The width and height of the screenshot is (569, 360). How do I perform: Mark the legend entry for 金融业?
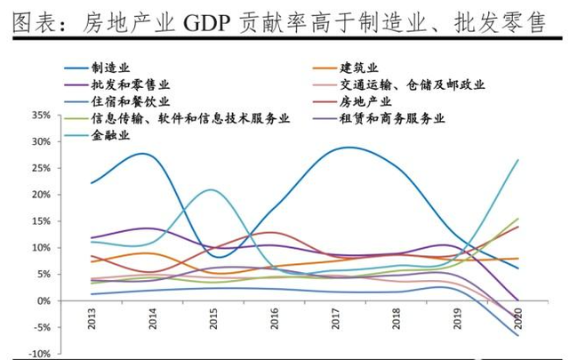tap(110, 136)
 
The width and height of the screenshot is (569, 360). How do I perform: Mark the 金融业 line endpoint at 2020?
tap(518, 160)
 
